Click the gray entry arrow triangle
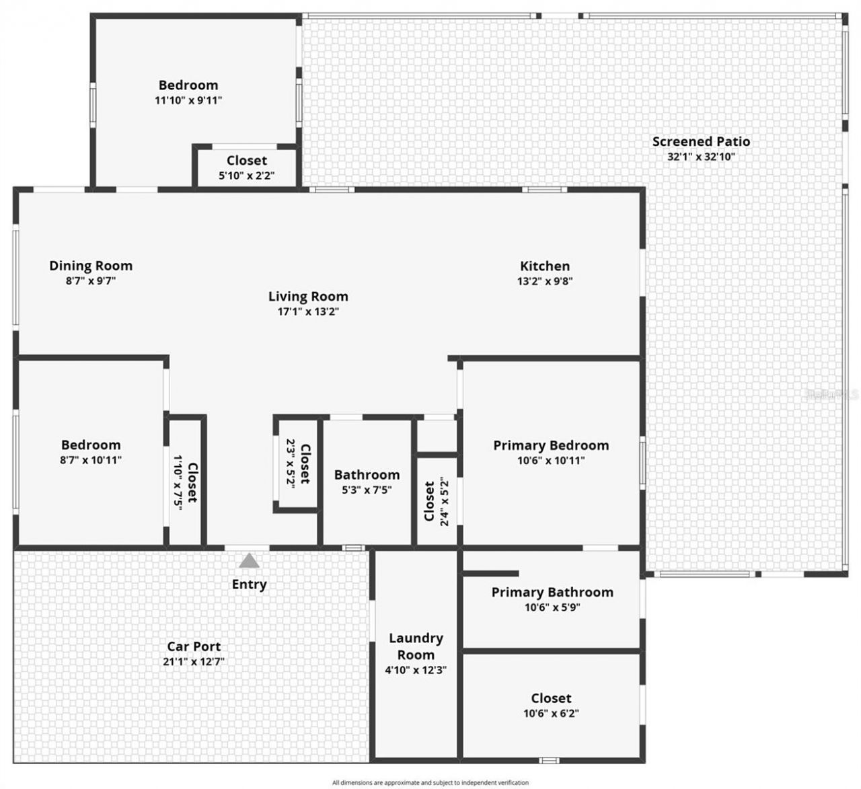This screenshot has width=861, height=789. [x=250, y=561]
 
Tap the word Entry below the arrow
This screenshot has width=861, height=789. [x=249, y=585]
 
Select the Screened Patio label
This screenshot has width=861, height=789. [x=701, y=141]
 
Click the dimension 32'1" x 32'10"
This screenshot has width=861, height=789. [x=701, y=157]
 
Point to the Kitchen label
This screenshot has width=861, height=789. [x=545, y=266]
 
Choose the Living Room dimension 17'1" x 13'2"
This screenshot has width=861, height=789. [x=308, y=311]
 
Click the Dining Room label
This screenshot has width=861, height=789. [x=91, y=265]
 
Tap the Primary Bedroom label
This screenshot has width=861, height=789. [x=551, y=445]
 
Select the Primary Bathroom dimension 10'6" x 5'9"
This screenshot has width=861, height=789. [x=552, y=607]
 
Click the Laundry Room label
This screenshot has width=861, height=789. [x=416, y=646]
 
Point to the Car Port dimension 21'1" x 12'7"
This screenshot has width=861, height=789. [x=194, y=661]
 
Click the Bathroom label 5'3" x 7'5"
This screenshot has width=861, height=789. [x=367, y=482]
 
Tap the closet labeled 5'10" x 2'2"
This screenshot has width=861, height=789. [x=247, y=167]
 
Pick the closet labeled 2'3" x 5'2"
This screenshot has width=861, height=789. [x=298, y=464]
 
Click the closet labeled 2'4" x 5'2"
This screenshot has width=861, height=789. [x=436, y=501]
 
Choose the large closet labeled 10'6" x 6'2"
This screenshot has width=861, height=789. [x=551, y=705]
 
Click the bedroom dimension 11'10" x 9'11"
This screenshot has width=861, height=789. [x=188, y=100]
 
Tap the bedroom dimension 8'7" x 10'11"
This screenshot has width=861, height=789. [x=91, y=461]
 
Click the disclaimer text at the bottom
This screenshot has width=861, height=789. [x=430, y=782]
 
